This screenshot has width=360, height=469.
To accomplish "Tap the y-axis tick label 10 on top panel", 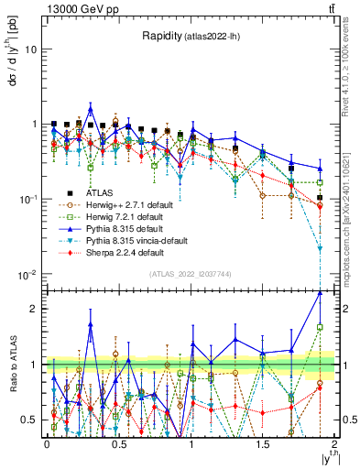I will tap(31, 49).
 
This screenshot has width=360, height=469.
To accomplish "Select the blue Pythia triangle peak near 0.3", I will tap(91, 107).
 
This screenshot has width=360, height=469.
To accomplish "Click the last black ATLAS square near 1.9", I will tap(320, 197).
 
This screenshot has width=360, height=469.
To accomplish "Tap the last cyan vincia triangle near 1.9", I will tap(320, 247).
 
